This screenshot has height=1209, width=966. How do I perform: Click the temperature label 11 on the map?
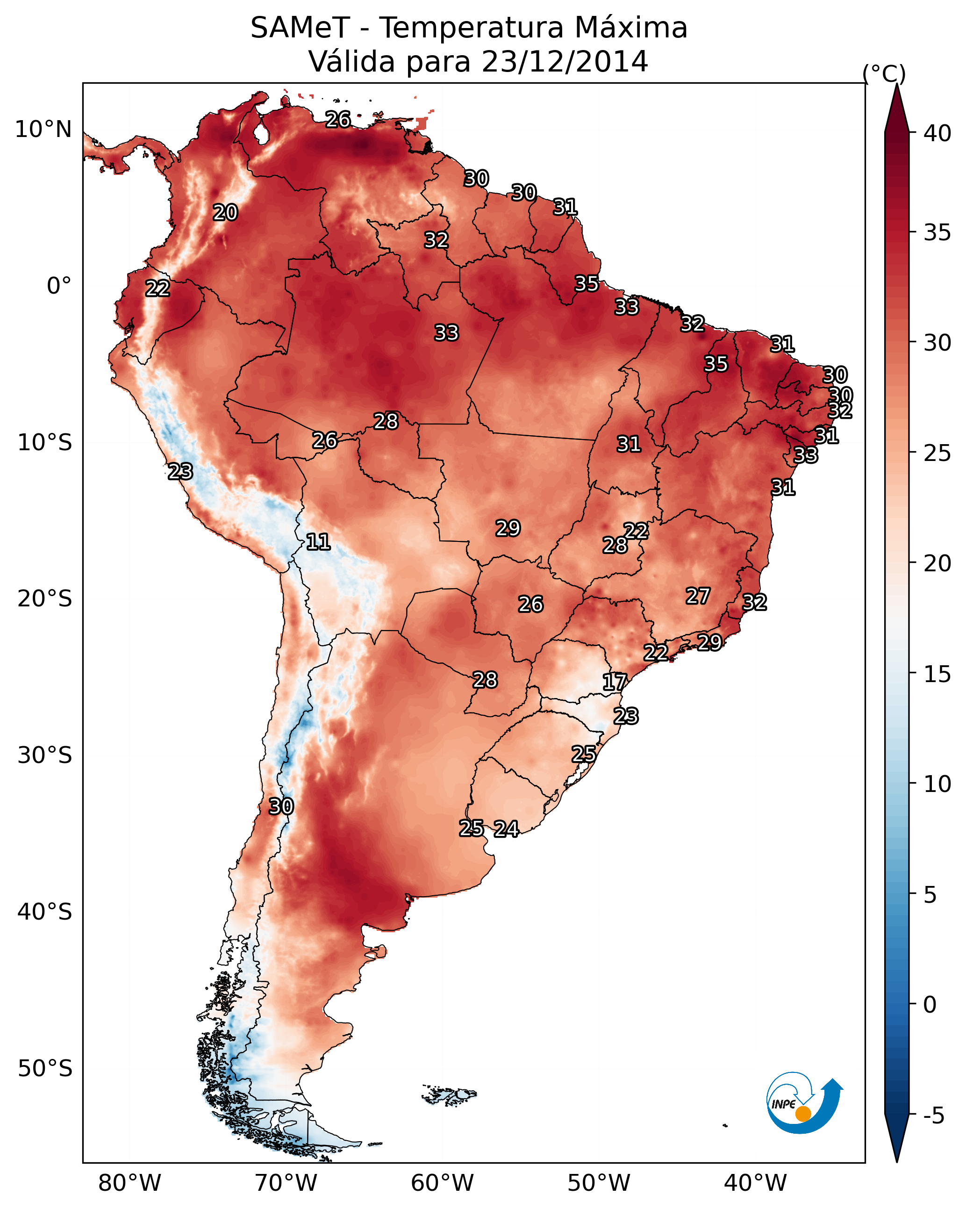coord(318,542)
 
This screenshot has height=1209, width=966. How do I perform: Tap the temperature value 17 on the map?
coord(615,682)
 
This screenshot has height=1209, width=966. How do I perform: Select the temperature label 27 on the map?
coord(698,596)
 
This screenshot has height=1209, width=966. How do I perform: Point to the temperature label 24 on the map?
coord(506,829)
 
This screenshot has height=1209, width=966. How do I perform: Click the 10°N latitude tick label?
coord(43,130)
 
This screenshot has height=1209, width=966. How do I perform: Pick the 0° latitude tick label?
coord(59,286)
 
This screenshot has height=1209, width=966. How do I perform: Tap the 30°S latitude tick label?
coord(45,756)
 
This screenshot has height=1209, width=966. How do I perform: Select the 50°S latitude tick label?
coord(45,1069)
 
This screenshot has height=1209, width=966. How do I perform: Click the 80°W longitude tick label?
coord(129,1183)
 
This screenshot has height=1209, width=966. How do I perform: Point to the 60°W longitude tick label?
coord(443,1183)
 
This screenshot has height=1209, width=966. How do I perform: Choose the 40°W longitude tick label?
coord(755,1183)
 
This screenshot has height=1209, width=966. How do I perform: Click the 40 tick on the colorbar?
coord(937,133)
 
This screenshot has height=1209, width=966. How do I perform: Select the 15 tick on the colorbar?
coord(937,674)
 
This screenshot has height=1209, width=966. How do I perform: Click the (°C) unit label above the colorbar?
coord(884,73)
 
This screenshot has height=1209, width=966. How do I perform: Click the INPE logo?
coord(805,1103)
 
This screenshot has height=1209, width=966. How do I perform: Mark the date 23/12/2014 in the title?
coord(565,61)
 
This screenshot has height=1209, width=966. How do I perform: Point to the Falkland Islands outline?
coord(449,1094)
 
